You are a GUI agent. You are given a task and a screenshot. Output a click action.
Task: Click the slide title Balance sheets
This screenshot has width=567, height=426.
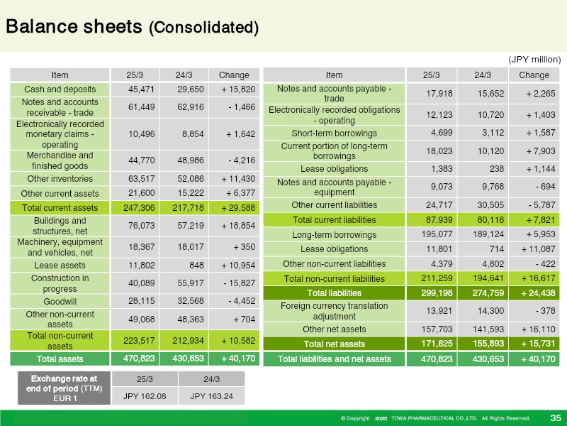[x=74, y=27]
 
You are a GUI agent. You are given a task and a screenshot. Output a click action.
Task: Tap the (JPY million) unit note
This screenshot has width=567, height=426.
[x=534, y=60]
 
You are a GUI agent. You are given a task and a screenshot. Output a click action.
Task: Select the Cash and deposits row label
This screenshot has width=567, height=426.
[x=60, y=89]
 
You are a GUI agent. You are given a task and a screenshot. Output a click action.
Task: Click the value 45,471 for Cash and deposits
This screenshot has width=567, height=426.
[x=141, y=89]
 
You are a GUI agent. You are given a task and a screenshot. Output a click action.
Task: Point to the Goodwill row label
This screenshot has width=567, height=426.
[x=60, y=301]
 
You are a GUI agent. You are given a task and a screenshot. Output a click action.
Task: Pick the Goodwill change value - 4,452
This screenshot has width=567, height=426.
[x=242, y=301]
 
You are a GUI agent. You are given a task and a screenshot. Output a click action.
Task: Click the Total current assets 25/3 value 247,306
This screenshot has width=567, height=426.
[x=139, y=208]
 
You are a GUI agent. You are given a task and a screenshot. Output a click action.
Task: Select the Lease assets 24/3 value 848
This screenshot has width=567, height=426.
[x=196, y=266]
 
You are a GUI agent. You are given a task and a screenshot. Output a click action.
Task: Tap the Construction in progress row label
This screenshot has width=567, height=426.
[x=60, y=283]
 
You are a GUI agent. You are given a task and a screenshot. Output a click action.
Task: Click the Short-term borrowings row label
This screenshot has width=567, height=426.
[x=334, y=133]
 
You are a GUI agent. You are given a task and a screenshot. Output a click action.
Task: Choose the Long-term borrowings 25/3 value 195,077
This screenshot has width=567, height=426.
[x=437, y=234]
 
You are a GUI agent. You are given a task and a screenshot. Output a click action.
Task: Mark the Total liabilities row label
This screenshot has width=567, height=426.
[x=334, y=293]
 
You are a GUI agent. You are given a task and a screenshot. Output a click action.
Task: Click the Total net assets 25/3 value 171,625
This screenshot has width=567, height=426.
[x=437, y=344]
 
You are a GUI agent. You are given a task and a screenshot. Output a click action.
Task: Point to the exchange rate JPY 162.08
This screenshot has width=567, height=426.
[x=145, y=396]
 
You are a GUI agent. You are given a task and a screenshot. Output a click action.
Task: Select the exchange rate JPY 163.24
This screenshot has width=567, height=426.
[x=211, y=396]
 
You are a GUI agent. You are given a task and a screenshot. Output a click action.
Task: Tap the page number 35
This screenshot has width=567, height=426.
[x=556, y=418]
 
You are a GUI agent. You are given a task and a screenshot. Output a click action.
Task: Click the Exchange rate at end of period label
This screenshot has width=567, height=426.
[x=64, y=383]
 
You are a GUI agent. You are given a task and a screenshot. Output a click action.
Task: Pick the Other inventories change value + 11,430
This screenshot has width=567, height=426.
[x=238, y=179]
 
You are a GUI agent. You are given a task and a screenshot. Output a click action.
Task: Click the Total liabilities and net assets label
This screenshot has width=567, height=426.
[x=334, y=359]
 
